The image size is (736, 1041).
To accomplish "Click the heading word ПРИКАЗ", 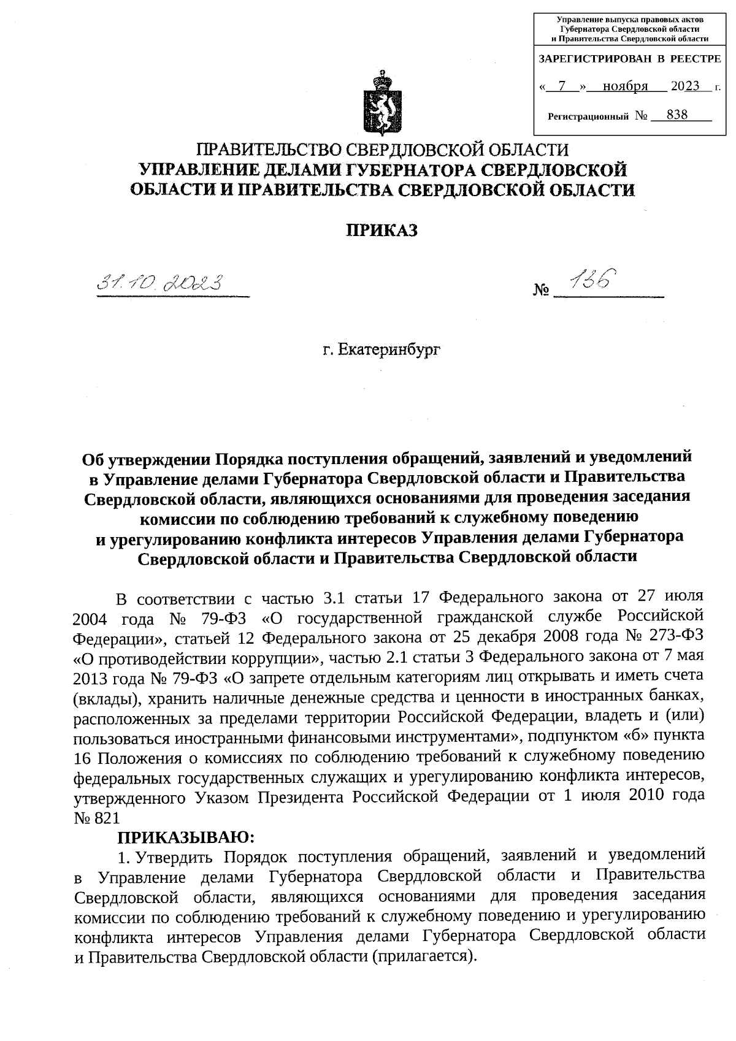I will pyautogui.click(x=382, y=231).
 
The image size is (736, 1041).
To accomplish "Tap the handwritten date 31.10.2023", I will pyautogui.click(x=162, y=284).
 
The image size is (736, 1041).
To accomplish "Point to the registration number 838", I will pyautogui.click(x=677, y=115).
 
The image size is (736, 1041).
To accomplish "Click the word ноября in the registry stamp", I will pyautogui.click(x=626, y=86).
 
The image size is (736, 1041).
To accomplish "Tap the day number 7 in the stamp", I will pyautogui.click(x=562, y=86).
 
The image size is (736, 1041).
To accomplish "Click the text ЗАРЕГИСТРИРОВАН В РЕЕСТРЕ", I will pyautogui.click(x=629, y=59).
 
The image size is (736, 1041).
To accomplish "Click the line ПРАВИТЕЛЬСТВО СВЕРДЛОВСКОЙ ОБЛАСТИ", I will pyautogui.click(x=382, y=150).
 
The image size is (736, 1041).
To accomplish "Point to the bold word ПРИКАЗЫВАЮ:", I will pyautogui.click(x=185, y=837).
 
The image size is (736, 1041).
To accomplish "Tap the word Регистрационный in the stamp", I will pyautogui.click(x=588, y=115).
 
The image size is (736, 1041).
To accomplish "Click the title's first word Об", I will pyautogui.click(x=93, y=457).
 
